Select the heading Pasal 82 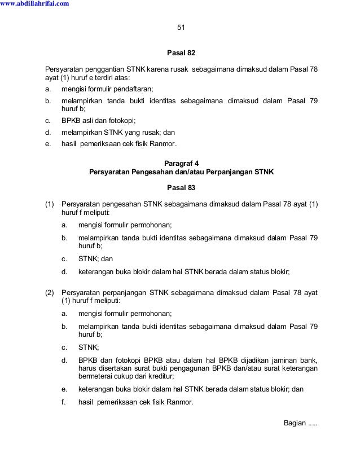click(181, 53)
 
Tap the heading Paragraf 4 click(181, 162)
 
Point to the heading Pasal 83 click(181, 187)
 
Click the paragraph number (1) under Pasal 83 click(50, 204)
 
